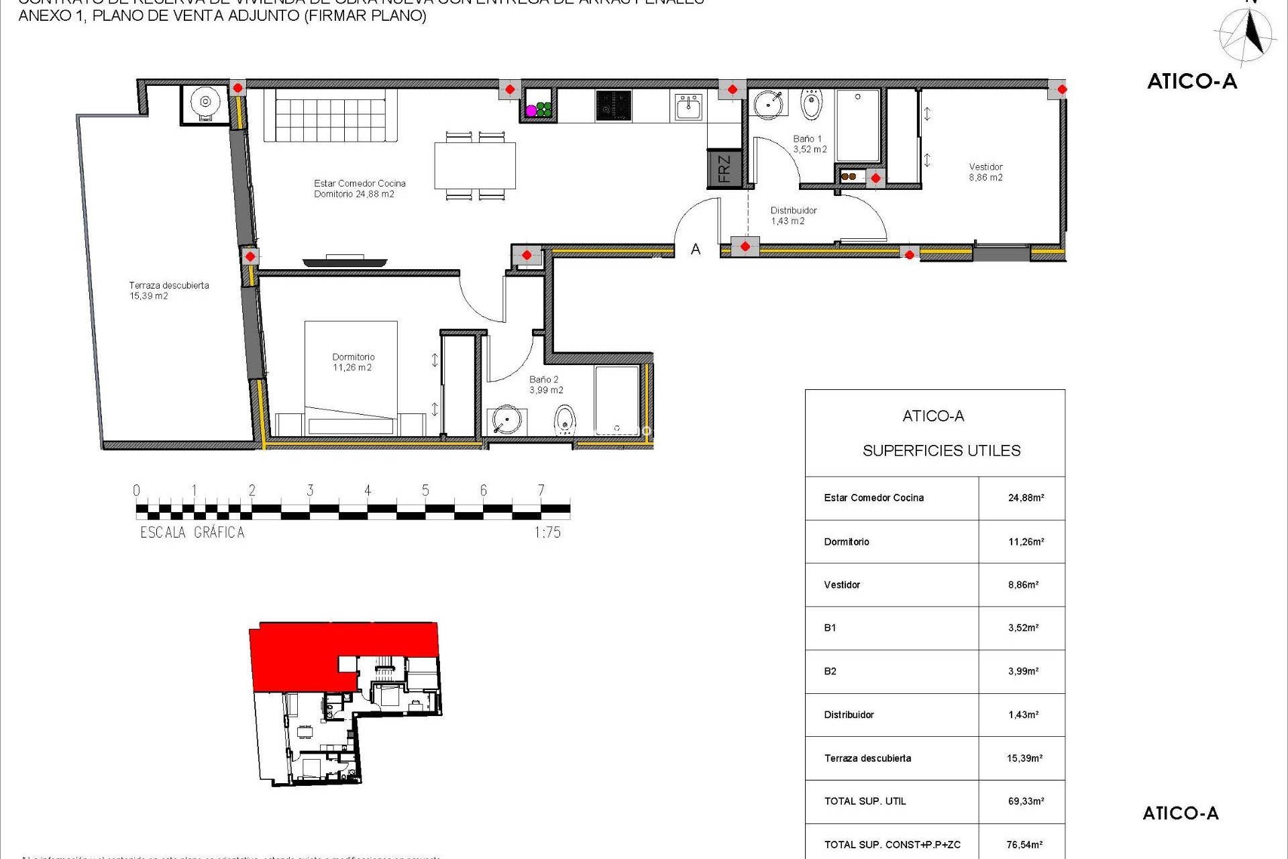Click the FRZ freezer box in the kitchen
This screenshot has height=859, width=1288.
724,168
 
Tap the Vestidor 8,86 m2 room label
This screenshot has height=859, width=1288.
985,172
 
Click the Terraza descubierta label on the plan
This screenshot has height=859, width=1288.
169,290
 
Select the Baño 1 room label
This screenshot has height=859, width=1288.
809,144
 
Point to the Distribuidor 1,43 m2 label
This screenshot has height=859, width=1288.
793,215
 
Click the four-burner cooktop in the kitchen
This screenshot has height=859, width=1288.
613,106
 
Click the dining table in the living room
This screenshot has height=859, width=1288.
475,165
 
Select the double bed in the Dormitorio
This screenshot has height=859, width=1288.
351,378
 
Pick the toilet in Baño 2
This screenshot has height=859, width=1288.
565,420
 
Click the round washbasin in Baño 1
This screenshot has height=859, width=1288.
767,105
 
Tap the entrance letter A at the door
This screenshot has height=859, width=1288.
696,250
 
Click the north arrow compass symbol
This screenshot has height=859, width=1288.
1248,35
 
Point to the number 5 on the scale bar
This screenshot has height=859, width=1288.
425,491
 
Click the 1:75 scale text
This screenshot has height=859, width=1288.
547,532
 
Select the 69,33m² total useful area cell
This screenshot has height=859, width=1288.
1026,801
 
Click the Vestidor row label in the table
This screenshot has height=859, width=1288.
842,585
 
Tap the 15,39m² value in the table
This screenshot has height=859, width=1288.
1024,758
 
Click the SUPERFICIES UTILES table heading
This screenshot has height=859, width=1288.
941,451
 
